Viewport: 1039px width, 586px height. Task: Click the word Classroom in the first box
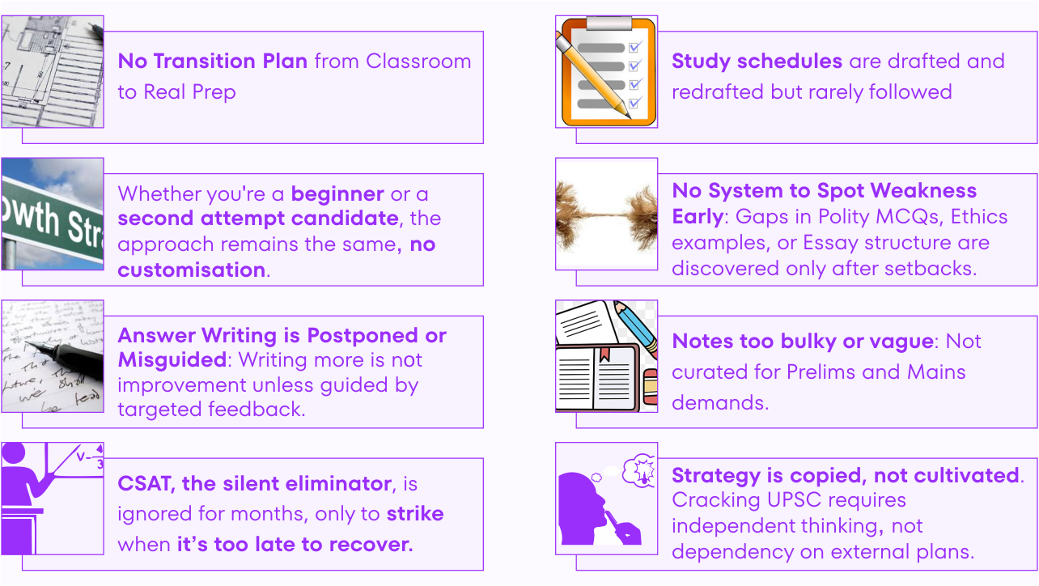point(418,62)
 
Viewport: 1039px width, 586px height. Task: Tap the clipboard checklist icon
point(606,71)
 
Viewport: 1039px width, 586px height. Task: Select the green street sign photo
point(53,214)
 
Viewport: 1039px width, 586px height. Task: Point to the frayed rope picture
point(606,214)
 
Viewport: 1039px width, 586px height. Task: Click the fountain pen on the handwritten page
point(65,356)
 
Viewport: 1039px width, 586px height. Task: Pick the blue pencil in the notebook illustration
point(635,328)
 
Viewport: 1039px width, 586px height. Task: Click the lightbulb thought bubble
point(640,469)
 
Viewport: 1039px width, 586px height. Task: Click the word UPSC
point(794,500)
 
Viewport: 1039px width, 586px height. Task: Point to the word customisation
point(191,270)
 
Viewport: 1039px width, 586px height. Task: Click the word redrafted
point(718,92)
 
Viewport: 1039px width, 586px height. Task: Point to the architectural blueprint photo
point(53,71)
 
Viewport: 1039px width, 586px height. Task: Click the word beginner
point(337,194)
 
